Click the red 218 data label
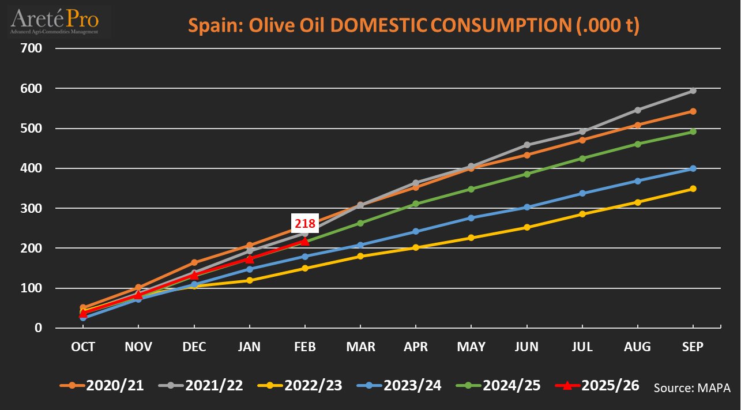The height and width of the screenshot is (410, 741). [x=304, y=223]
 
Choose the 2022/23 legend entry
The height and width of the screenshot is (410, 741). [x=300, y=385]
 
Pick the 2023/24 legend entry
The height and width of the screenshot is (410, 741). [x=399, y=385]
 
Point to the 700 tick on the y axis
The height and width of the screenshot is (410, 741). [x=32, y=48]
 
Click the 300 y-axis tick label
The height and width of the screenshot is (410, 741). [x=32, y=208]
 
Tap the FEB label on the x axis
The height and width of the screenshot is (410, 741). [x=304, y=347]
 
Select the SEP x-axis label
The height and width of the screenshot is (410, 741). [x=693, y=347]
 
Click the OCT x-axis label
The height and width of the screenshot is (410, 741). [x=83, y=347]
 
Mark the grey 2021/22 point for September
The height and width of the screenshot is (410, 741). [x=693, y=91]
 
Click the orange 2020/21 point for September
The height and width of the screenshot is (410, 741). [x=693, y=111]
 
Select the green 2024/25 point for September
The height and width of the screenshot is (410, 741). [x=693, y=131]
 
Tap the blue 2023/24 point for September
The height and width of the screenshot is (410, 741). [x=693, y=168]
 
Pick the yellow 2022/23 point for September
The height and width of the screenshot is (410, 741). [x=693, y=189]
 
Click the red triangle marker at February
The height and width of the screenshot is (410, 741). [x=304, y=241]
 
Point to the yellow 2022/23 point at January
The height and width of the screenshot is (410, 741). [x=250, y=280]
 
